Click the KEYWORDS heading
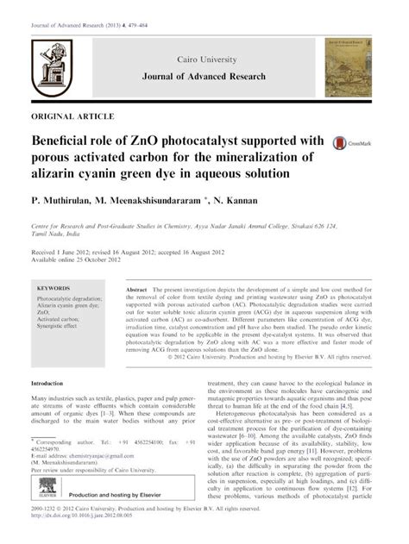(x=55, y=286)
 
